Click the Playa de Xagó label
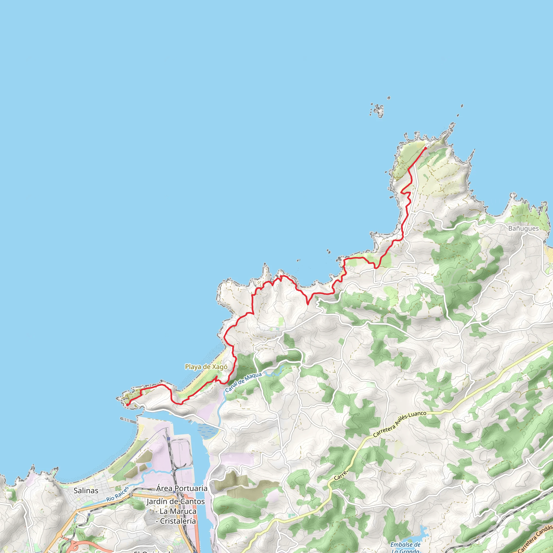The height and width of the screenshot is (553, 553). (206, 367)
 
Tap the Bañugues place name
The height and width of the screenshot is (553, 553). (524, 228)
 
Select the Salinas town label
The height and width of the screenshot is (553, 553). (86, 491)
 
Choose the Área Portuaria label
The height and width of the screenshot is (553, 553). (181, 488)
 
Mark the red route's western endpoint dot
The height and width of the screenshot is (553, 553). (127, 405)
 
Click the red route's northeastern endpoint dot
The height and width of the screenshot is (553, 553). (426, 148)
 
